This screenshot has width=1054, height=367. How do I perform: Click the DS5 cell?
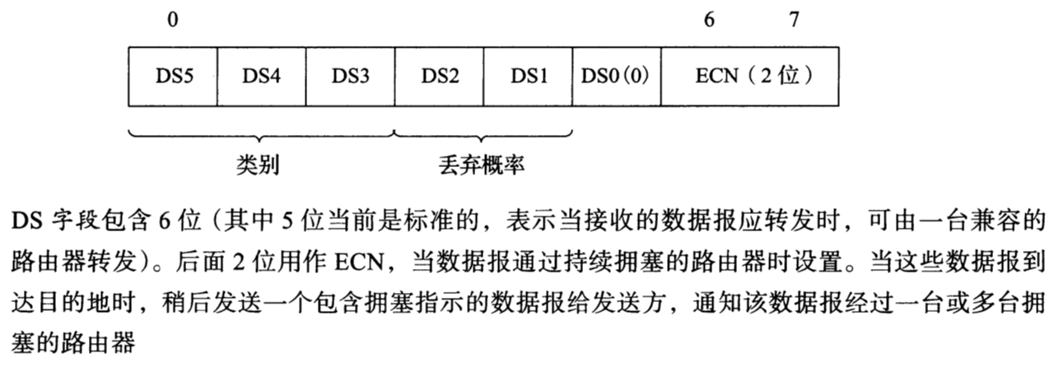173,77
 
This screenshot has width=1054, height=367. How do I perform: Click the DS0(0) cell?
616,77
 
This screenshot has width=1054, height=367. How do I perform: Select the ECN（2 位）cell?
750,77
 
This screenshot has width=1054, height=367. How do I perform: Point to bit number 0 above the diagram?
171,21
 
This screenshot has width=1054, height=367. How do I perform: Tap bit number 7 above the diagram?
793,21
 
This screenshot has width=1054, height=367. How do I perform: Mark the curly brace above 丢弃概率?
483,134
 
